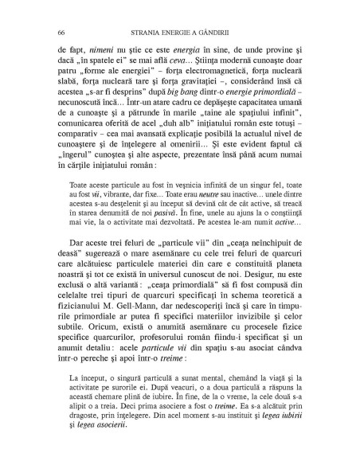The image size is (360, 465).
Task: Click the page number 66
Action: click(62, 33)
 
